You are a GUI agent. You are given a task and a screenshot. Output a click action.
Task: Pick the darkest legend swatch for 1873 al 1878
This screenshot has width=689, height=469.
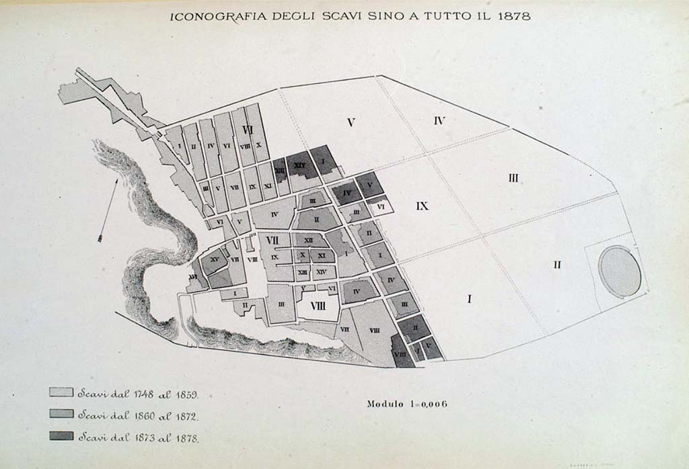pos(61,436)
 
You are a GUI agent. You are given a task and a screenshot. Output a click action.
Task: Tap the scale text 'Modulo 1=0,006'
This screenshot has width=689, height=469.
pos(407,404)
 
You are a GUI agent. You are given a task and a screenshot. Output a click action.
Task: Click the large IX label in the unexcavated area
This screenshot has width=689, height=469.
pos(422,206)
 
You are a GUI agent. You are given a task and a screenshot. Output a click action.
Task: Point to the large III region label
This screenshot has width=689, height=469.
pos(513,178)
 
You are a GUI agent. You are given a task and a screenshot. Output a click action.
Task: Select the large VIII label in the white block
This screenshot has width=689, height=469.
pos(317,306)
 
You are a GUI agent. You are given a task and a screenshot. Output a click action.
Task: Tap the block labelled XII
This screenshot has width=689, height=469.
pos(308,241)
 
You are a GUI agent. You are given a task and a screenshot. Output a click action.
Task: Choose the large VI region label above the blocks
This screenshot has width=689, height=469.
pos(247,130)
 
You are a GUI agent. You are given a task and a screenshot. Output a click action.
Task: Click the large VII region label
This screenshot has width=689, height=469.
pos(273,240)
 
